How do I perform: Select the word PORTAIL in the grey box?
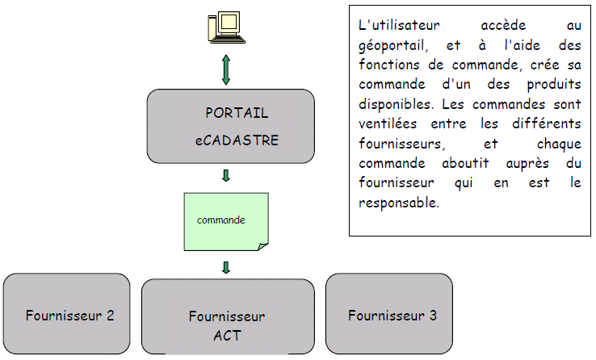237,113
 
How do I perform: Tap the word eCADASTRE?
237,140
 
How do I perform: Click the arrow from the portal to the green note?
226,175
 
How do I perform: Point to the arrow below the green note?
226,267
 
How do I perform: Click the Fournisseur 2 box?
66,315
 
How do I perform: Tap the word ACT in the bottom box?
227,336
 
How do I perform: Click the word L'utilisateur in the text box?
396,26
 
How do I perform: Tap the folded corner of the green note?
262,245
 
